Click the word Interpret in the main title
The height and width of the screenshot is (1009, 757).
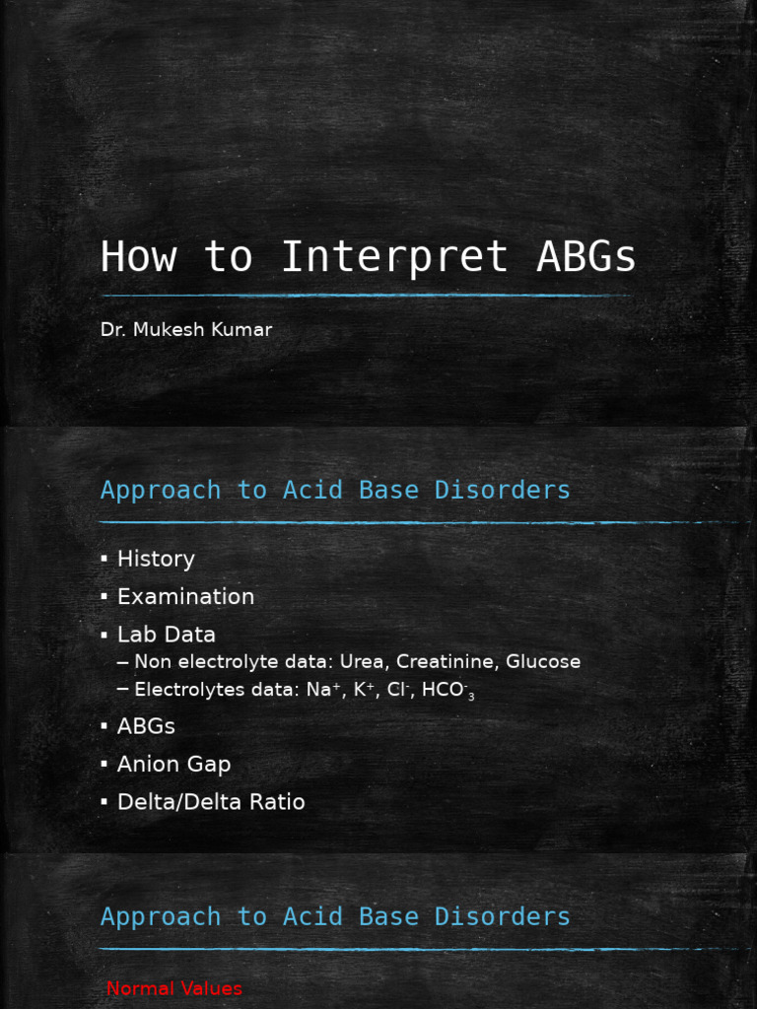[x=394, y=258]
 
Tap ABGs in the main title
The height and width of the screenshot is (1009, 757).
[x=586, y=258]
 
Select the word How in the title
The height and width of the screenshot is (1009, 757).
[x=138, y=258]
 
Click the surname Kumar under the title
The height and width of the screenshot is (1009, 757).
[x=246, y=330]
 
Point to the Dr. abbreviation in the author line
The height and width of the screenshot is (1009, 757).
[x=113, y=330]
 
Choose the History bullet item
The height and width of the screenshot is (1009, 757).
[x=156, y=559]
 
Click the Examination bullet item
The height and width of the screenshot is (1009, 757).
[x=185, y=597]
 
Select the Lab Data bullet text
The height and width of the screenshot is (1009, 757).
[x=166, y=635]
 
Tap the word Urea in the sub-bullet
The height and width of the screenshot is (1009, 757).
[x=361, y=662]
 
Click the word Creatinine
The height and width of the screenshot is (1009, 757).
[x=443, y=662]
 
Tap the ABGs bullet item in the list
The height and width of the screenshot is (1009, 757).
[x=146, y=726]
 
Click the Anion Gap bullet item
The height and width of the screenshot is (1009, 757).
[x=173, y=765]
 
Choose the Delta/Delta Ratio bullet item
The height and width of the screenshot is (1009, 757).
[x=211, y=802]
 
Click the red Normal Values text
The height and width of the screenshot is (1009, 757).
[x=173, y=988]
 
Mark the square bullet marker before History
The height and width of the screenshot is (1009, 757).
[x=103, y=560]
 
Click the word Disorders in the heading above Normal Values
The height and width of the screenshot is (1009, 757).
[x=503, y=916]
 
